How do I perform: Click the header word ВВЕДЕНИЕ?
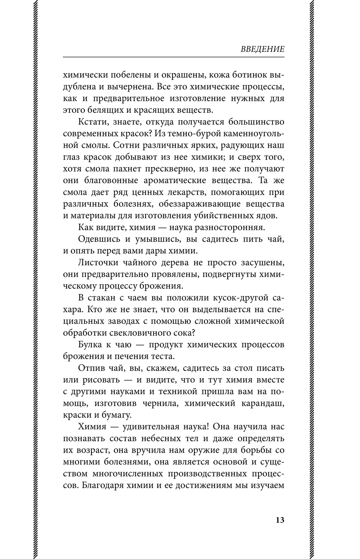click(262, 49)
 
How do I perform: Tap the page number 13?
click(280, 520)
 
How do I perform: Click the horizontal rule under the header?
click(174, 57)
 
